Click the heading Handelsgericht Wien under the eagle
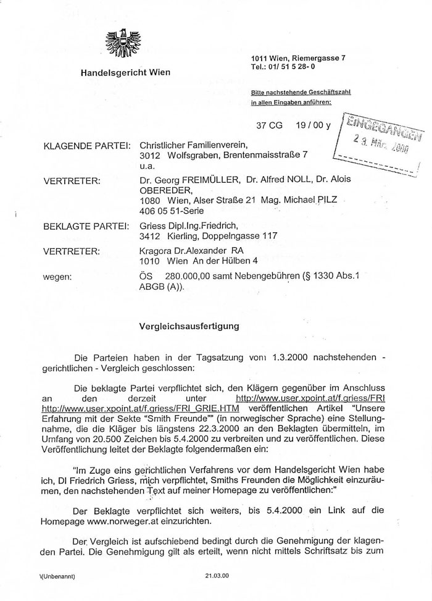125,73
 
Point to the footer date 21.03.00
217,576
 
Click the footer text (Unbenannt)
56,576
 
